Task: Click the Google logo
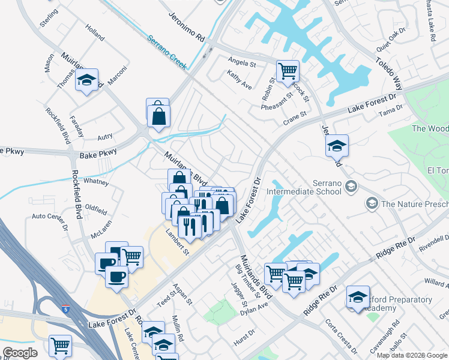(20, 353)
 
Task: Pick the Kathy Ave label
(240, 80)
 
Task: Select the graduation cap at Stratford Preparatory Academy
(357, 297)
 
